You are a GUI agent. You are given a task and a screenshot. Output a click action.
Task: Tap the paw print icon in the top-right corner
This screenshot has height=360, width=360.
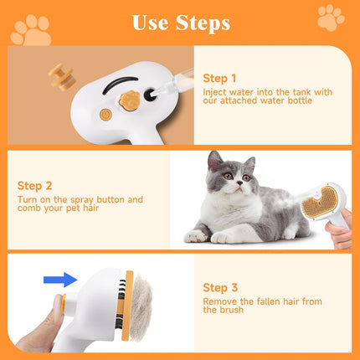(x=332, y=14)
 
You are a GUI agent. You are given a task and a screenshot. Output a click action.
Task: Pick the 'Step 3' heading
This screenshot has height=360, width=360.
(x=219, y=286)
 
